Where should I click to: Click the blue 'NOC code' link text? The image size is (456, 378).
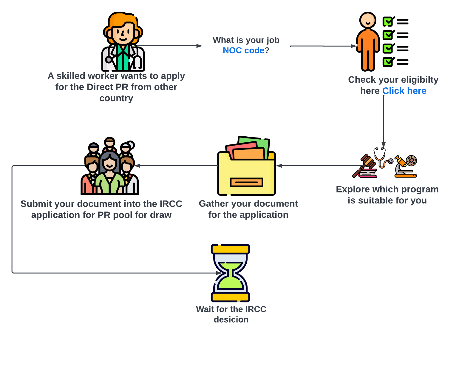point(243,50)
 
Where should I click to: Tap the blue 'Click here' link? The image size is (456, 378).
point(404,91)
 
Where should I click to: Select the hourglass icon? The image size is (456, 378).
point(230,273)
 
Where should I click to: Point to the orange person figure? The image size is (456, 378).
point(368,42)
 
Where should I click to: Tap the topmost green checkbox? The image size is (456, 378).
point(387,22)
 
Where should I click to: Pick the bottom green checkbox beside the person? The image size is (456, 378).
point(387,62)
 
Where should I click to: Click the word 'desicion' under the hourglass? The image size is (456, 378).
point(231,320)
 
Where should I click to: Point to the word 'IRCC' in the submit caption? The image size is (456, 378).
point(171,204)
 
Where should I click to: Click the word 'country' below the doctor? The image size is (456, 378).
point(116,98)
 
